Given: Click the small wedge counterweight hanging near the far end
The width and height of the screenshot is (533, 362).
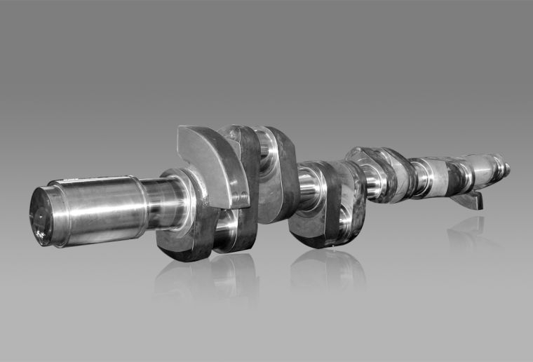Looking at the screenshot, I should [468, 200].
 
